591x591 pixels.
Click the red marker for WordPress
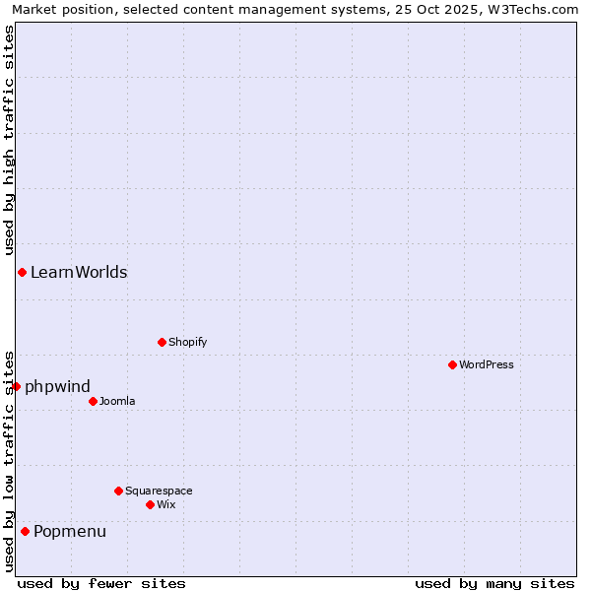pos(452,364)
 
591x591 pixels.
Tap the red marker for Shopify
pos(162,342)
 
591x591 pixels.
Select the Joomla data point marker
pos(93,401)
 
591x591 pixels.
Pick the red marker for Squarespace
pos(118,491)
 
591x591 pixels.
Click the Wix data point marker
pos(150,504)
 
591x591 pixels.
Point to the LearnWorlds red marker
pos(22,272)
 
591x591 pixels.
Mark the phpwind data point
pos(16,386)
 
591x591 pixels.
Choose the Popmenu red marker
pos(25,531)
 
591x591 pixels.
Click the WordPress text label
pos(487,364)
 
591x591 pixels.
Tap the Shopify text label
pos(187,342)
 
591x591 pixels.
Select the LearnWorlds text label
pos(79,272)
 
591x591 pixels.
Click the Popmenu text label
pos(70,532)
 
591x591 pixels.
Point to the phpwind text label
pos(57,386)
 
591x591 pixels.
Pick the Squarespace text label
pos(159,491)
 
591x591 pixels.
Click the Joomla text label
pos(117,401)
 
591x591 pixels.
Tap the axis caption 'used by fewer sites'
pos(101,583)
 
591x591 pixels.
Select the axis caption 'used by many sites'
pos(494,583)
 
